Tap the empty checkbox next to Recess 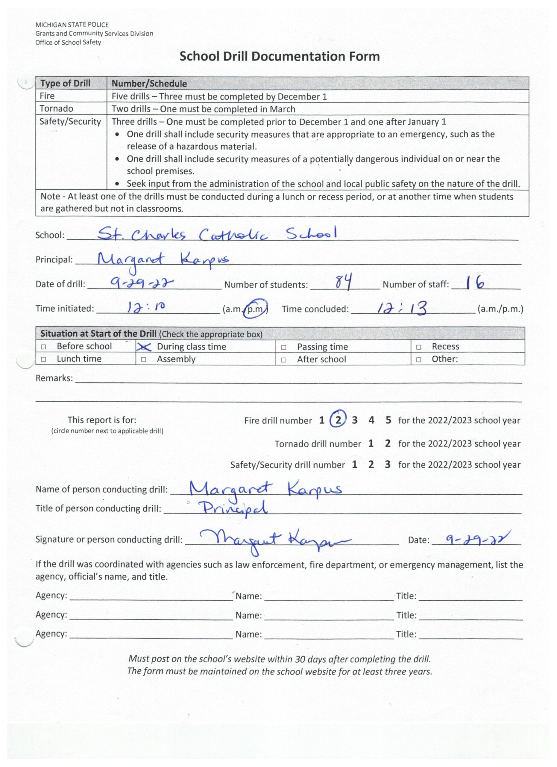coord(418,347)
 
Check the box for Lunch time coord(43,359)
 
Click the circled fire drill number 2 coord(338,420)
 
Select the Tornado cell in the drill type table coord(56,108)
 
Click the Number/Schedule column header coord(149,84)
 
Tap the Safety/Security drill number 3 coord(387,465)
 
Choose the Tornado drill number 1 coord(371,443)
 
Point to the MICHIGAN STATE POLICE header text coord(72,25)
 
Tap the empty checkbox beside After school coord(284,360)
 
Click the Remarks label coord(54,378)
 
